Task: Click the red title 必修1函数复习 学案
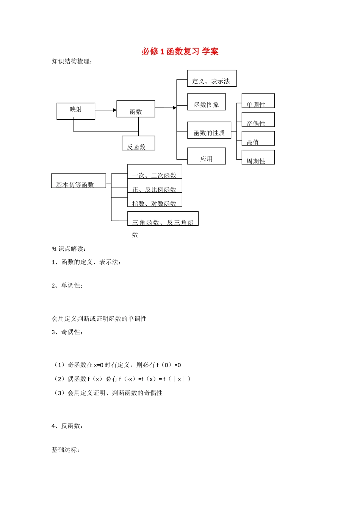pyautogui.click(x=180, y=52)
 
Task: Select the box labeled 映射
pyautogui.click(x=76, y=111)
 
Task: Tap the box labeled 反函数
pyautogui.click(x=138, y=143)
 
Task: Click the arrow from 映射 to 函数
pyautogui.click(x=106, y=110)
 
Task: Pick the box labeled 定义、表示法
pyautogui.click(x=212, y=78)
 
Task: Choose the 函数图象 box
pyautogui.click(x=207, y=102)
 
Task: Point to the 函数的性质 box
pyautogui.click(x=209, y=130)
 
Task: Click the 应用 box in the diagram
pyautogui.click(x=207, y=156)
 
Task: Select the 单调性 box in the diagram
pyautogui.click(x=258, y=101)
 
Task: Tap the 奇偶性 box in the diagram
pyautogui.click(x=258, y=120)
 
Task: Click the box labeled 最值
pyautogui.click(x=258, y=139)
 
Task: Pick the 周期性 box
pyautogui.click(x=258, y=158)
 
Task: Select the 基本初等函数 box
pyautogui.click(x=78, y=181)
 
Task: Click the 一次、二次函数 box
pyautogui.click(x=155, y=172)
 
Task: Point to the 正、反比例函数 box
pyautogui.click(x=155, y=186)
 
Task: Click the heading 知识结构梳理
pyautogui.click(x=72, y=61)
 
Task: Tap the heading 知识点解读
pyautogui.click(x=69, y=249)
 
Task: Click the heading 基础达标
pyautogui.click(x=66, y=450)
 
